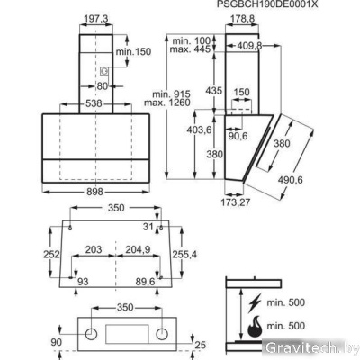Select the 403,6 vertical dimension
coord(196,130)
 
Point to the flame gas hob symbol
coord(256,326)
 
